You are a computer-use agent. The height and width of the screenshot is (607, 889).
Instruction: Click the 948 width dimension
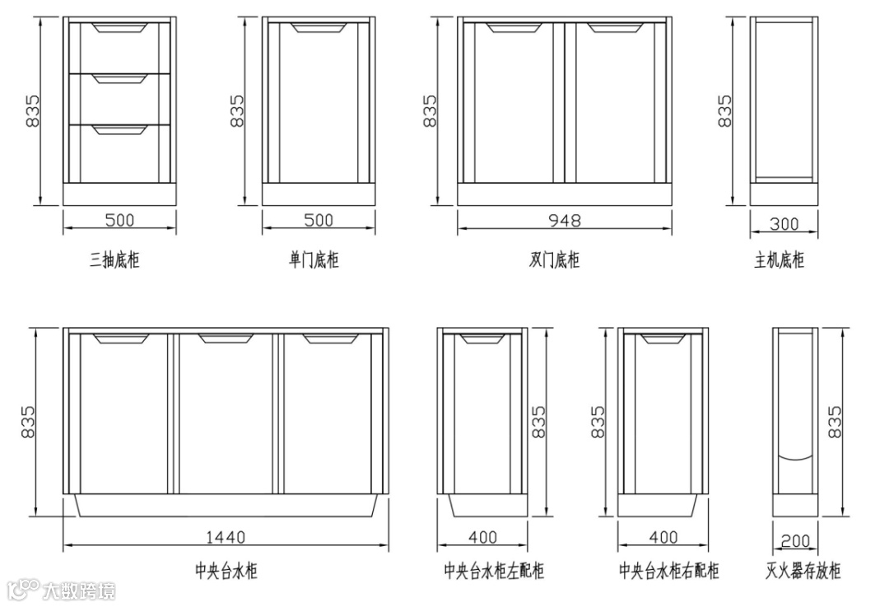[565, 221]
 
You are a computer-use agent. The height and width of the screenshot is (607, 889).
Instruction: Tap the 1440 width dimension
[226, 537]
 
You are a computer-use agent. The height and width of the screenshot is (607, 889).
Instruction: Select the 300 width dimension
[784, 223]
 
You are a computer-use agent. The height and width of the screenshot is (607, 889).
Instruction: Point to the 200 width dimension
[794, 541]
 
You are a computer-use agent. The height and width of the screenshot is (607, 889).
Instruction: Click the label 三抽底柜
[115, 260]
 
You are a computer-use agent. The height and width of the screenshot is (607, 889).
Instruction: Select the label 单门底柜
[314, 260]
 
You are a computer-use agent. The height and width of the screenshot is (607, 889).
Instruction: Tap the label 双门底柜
[554, 260]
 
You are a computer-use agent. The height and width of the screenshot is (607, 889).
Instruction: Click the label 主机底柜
[779, 260]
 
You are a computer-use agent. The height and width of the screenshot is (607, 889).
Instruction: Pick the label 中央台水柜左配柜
[494, 571]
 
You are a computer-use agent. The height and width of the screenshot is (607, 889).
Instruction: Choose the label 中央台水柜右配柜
[669, 571]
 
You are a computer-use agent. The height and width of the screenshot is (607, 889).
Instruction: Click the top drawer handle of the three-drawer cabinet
[120, 29]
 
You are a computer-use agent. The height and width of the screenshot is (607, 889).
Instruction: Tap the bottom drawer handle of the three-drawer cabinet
[120, 129]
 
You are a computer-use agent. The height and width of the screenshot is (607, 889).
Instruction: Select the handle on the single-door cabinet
[319, 29]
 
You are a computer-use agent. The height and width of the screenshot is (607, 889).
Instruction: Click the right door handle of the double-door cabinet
[615, 29]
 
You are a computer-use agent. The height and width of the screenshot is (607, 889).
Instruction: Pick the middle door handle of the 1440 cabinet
[226, 339]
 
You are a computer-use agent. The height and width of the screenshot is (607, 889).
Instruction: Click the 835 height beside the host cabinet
[724, 111]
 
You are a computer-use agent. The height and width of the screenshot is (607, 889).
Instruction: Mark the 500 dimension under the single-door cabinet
[319, 221]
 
